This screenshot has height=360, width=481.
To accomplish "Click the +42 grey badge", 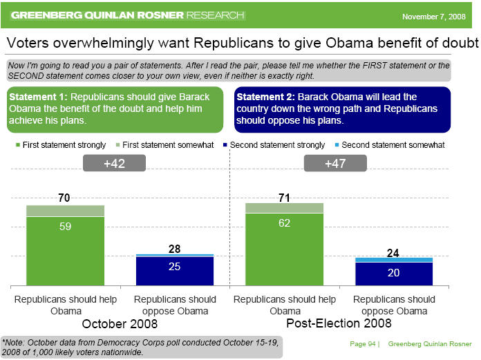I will pyautogui.click(x=113, y=164).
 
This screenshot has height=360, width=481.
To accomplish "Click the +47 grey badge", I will pyautogui.click(x=334, y=164).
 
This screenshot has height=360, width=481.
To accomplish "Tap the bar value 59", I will pyautogui.click(x=65, y=226).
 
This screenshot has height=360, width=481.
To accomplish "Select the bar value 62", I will pyautogui.click(x=285, y=223).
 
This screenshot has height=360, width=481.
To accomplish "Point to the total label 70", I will pyautogui.click(x=65, y=198).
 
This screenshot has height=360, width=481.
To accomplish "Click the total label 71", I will pyautogui.click(x=285, y=197).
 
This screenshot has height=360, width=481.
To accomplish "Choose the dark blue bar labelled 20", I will pyautogui.click(x=394, y=273).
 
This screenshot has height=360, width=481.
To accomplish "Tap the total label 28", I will pyautogui.click(x=175, y=248).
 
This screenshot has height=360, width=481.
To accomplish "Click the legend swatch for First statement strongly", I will pyautogui.click(x=17, y=145).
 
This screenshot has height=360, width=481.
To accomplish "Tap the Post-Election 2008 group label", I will pyautogui.click(x=339, y=323).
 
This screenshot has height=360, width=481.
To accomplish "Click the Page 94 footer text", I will pyautogui.click(x=361, y=343).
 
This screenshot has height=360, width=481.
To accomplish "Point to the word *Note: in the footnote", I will pyautogui.click(x=15, y=341).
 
